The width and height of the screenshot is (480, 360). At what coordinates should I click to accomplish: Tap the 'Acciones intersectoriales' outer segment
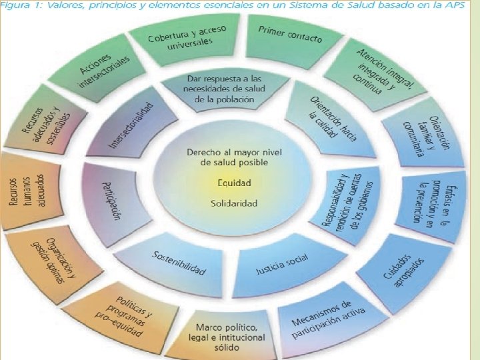[105, 71]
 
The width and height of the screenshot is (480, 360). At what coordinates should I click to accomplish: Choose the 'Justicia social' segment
[282, 267]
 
